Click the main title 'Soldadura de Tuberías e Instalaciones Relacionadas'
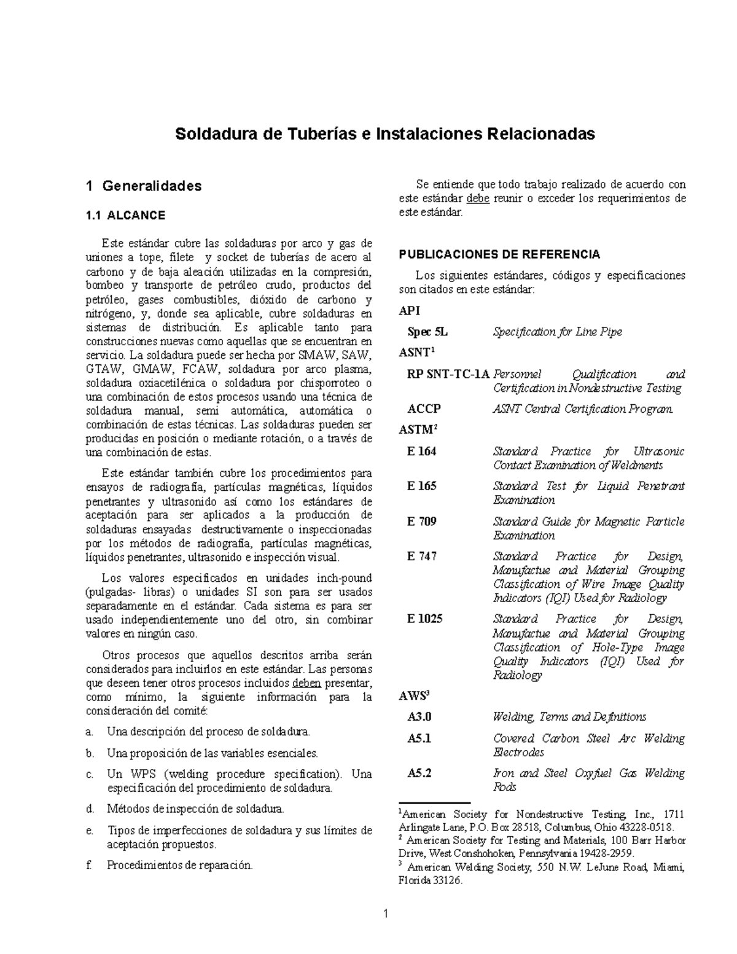point(385,134)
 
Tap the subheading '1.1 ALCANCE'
point(125,216)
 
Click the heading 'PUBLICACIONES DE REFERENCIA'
point(499,254)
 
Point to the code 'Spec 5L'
point(427,332)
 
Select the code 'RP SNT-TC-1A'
point(448,374)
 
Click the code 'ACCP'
point(424,409)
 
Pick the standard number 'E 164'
point(421,452)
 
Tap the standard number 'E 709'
point(421,522)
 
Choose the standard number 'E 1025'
point(424,619)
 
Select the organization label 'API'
point(410,311)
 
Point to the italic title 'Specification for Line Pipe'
point(557,332)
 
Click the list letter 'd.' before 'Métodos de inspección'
point(90,809)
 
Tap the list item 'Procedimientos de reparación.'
point(179,865)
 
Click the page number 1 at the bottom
point(386,913)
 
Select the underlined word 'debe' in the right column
point(478,198)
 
